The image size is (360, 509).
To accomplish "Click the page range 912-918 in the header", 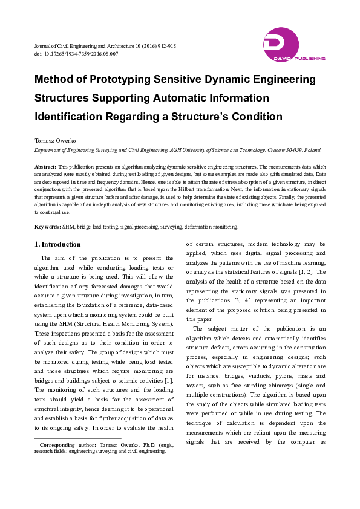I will coord(165,46).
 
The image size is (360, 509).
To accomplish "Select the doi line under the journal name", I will coord(76,54).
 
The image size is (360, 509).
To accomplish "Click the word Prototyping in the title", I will coord(121,79).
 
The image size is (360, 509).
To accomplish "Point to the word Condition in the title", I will coord(258,116).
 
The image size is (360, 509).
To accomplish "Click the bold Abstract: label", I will coord(45,166).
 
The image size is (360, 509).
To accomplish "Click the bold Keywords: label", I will coord(47,227).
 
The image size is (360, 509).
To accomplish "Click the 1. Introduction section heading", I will coord(57,245).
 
